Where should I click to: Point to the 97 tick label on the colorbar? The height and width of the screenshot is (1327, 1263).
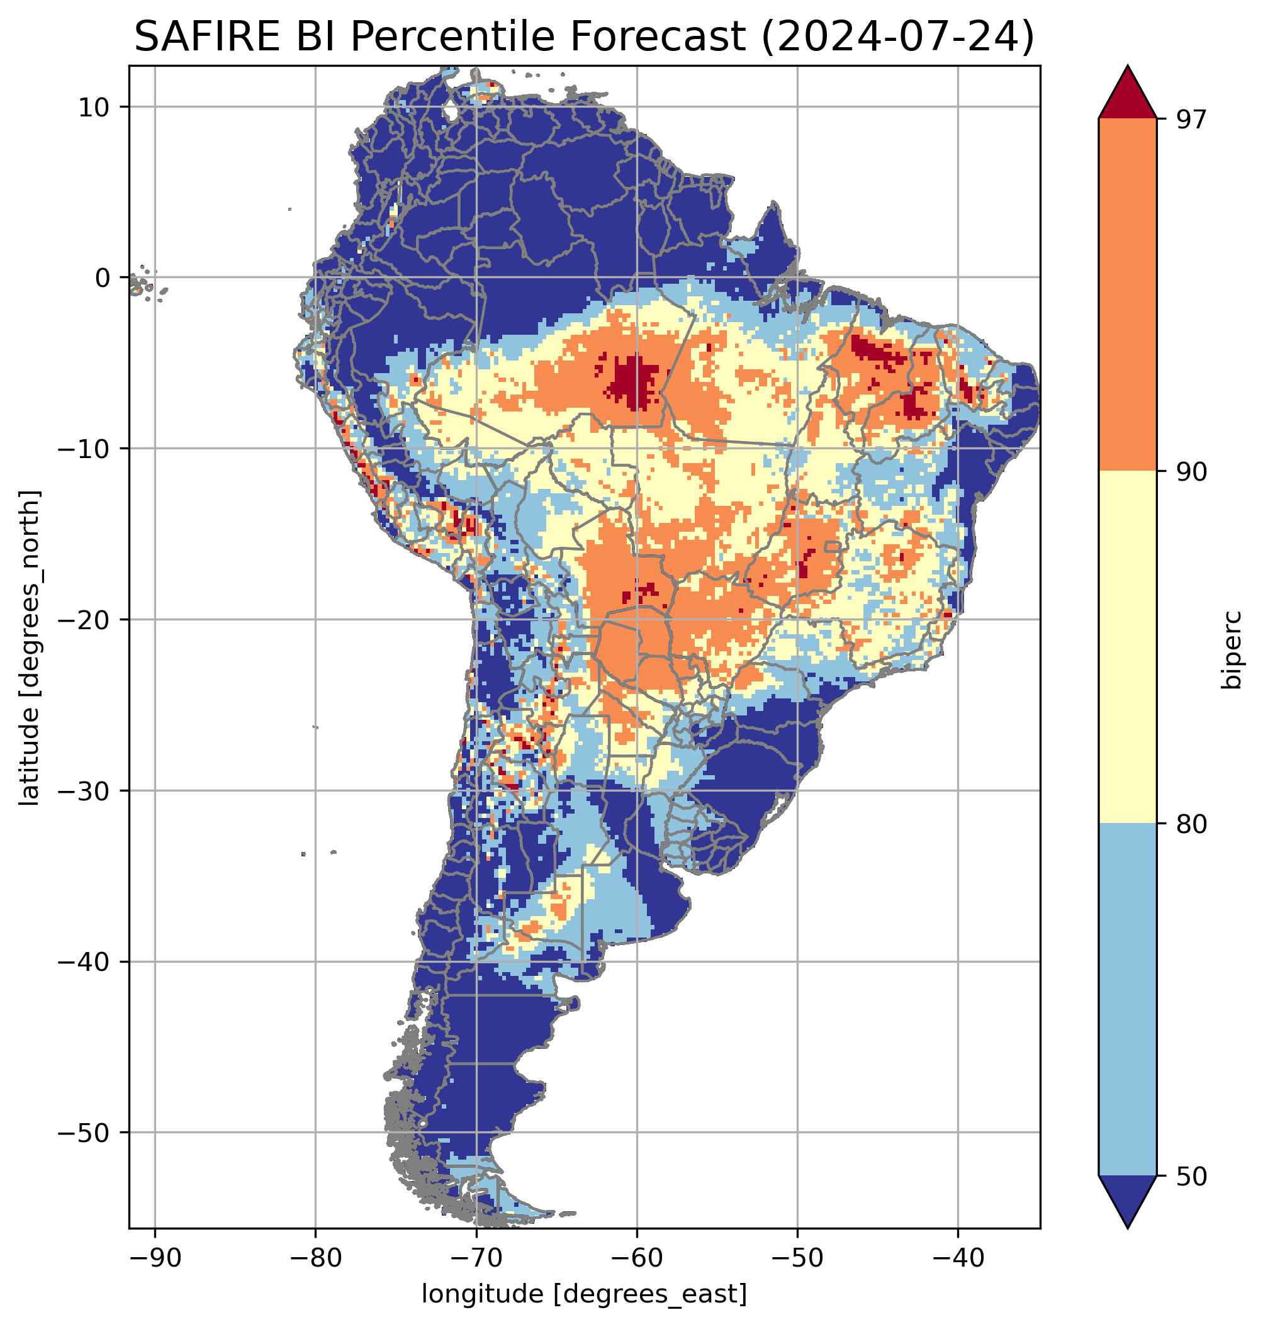[1189, 119]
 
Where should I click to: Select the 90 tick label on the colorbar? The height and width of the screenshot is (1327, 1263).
[1189, 472]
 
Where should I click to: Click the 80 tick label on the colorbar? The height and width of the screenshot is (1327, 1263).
[1189, 824]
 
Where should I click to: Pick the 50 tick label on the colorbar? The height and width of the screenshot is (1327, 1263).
[1189, 1176]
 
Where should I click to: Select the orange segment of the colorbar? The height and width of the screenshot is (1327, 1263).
[1127, 295]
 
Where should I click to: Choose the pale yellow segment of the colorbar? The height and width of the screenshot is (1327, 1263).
[1127, 646]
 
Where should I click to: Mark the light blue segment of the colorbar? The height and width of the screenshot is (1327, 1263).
[1127, 1000]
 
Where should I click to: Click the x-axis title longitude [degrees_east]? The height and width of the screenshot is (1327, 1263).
[584, 1293]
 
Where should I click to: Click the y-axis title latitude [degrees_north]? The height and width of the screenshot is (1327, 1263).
[30, 646]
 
